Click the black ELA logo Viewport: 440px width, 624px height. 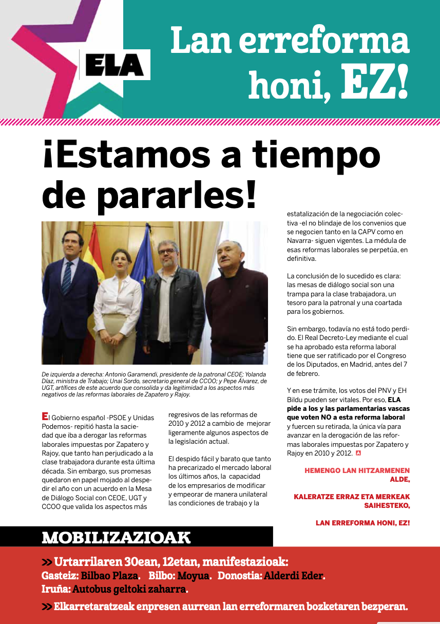tap(114, 66)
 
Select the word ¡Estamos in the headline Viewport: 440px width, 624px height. tap(121, 154)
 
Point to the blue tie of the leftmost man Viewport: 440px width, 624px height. tap(67, 277)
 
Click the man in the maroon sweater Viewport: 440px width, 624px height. tap(236, 303)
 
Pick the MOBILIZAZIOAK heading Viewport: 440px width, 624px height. tap(116, 538)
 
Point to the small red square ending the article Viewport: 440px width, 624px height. tap(358, 453)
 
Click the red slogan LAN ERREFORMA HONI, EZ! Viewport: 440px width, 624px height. tap(362, 523)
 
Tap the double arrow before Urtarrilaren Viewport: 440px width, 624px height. tap(47, 561)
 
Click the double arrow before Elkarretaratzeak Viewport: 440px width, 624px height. tap(47, 607)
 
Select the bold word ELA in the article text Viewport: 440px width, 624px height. tap(394, 400)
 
